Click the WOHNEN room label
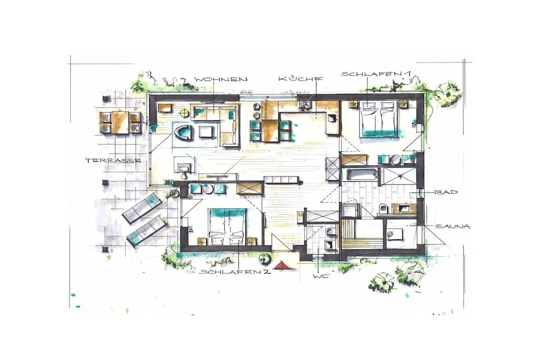coord(221,79)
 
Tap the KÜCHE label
coord(301,78)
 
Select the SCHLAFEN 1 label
coord(376,74)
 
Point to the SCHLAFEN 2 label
coord(235,272)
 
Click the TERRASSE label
coord(114,161)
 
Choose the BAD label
coord(447,192)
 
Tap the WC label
coord(320,276)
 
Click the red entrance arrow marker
coord(283,265)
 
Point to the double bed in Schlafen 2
coord(227,227)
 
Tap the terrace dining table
coord(120,122)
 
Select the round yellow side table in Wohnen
coord(185,112)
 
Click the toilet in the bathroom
coord(383,209)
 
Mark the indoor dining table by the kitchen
coord(271,130)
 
